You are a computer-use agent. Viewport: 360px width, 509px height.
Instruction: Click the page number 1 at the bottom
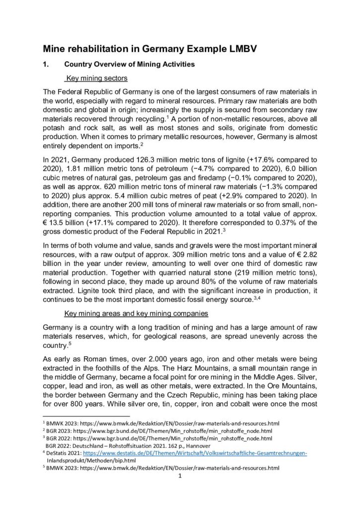click(180, 476)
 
